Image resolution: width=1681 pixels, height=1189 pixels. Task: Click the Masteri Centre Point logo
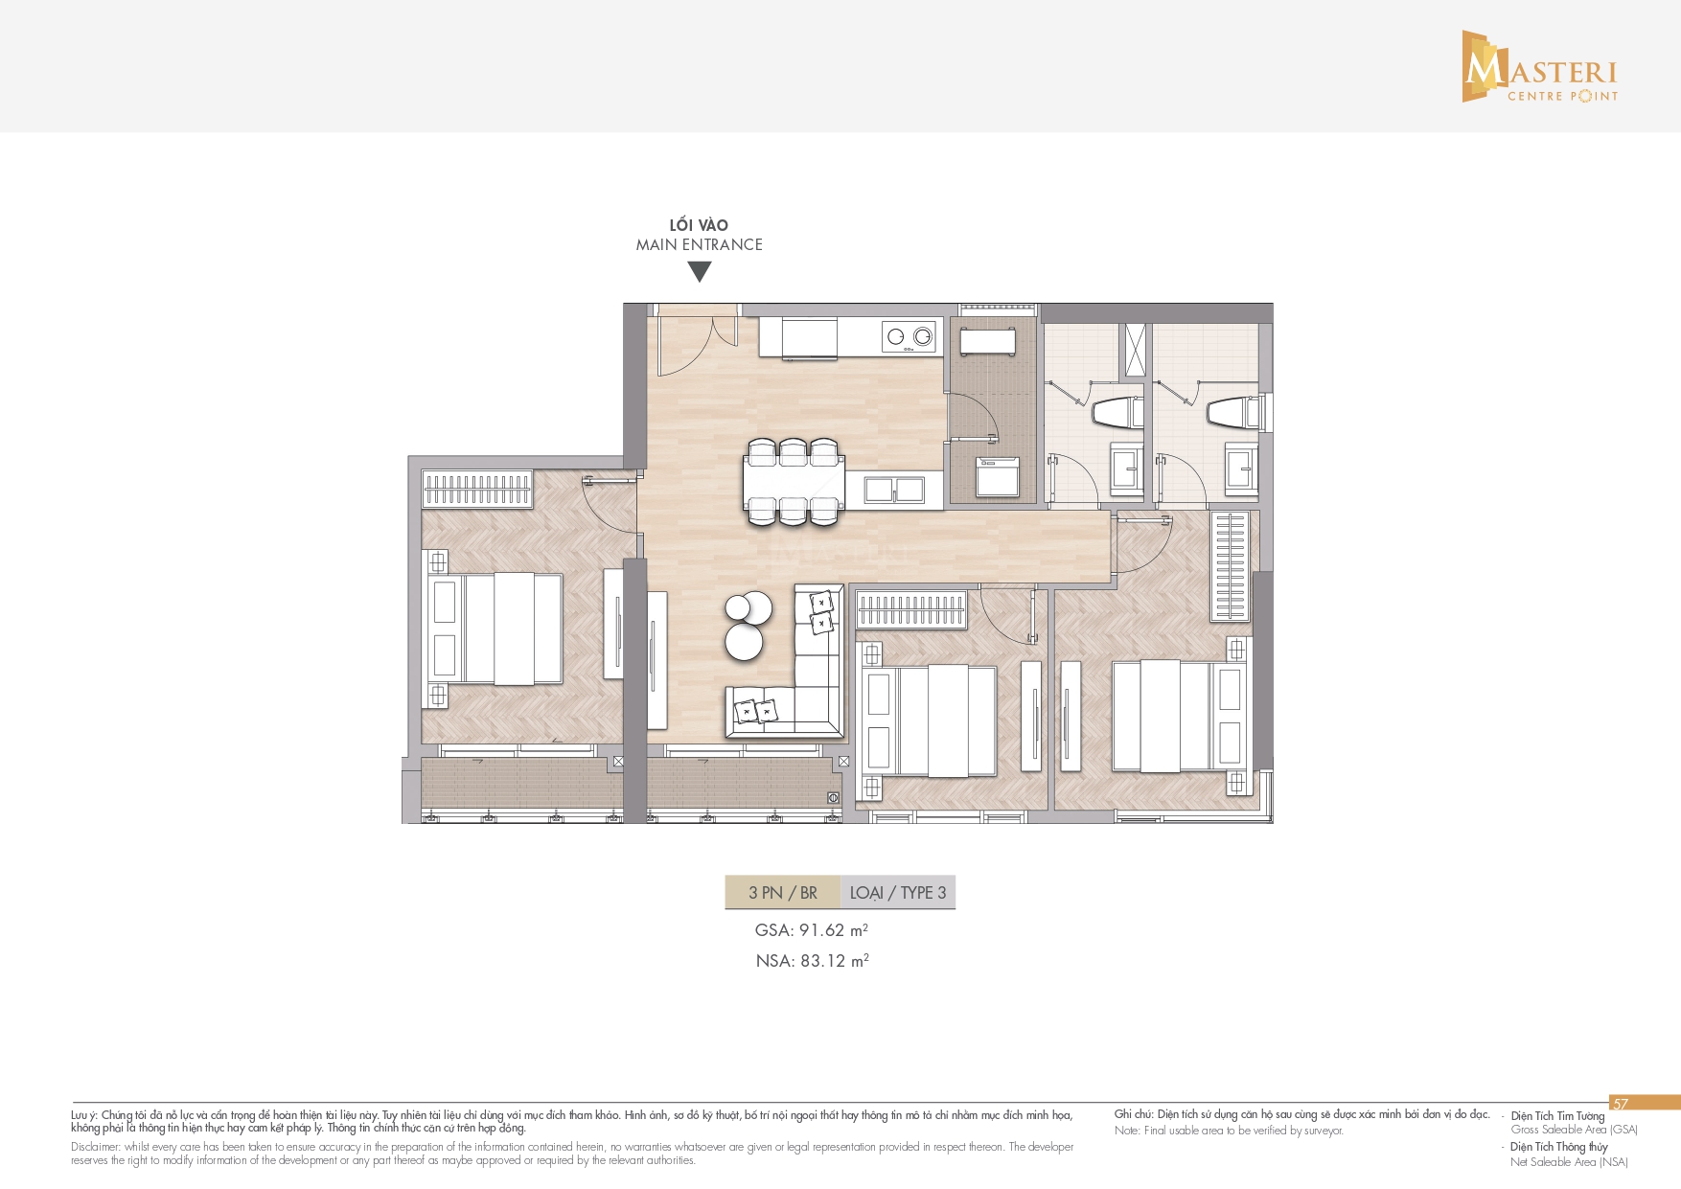pyautogui.click(x=1540, y=66)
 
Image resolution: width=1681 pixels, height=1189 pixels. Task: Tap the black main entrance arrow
pyautogui.click(x=700, y=272)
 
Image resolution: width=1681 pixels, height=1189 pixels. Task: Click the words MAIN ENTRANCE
pyautogui.click(x=700, y=244)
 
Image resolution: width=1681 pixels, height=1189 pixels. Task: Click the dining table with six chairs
pyautogui.click(x=794, y=482)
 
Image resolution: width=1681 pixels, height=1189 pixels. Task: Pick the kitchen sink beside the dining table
pyautogui.click(x=894, y=490)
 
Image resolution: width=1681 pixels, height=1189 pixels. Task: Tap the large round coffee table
pyautogui.click(x=744, y=641)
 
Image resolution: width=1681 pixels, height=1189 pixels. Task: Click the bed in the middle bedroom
pyautogui.click(x=930, y=720)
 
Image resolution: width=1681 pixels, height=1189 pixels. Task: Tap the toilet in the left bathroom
pyautogui.click(x=1117, y=413)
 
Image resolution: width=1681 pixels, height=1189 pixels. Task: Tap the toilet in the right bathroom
pyautogui.click(x=1232, y=413)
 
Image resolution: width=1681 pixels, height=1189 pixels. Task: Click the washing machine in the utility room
pyautogui.click(x=997, y=476)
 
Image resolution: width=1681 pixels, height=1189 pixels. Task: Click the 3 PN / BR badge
pyautogui.click(x=782, y=893)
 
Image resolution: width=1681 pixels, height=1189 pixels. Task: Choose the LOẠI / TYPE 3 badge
pyautogui.click(x=898, y=893)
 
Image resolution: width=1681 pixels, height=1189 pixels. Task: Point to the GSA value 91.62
pyautogui.click(x=822, y=930)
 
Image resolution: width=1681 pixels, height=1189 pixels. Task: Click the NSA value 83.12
pyautogui.click(x=823, y=961)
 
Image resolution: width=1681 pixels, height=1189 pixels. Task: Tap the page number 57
pyautogui.click(x=1621, y=1104)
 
